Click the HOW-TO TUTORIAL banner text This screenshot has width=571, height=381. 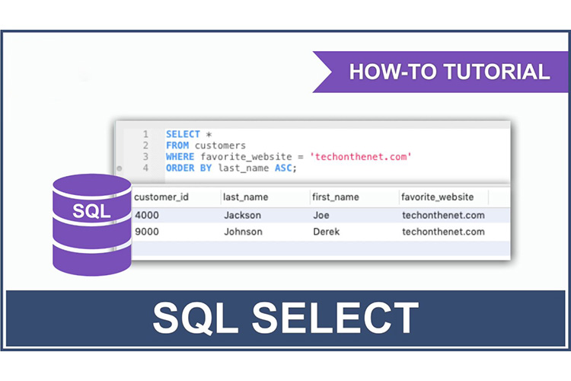click(449, 72)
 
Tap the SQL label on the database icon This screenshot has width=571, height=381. click(91, 211)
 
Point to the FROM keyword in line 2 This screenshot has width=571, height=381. click(178, 145)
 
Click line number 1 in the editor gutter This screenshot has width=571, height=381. click(145, 133)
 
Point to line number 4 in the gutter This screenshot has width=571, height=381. click(145, 168)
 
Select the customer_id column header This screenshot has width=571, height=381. click(161, 197)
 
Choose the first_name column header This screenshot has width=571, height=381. click(336, 197)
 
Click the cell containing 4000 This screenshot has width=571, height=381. click(147, 215)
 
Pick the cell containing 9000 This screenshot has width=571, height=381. click(147, 232)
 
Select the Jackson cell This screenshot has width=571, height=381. click(243, 215)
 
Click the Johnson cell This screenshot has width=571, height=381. click(244, 232)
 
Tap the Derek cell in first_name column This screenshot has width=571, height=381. click(327, 232)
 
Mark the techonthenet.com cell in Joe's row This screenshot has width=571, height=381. click(443, 215)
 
